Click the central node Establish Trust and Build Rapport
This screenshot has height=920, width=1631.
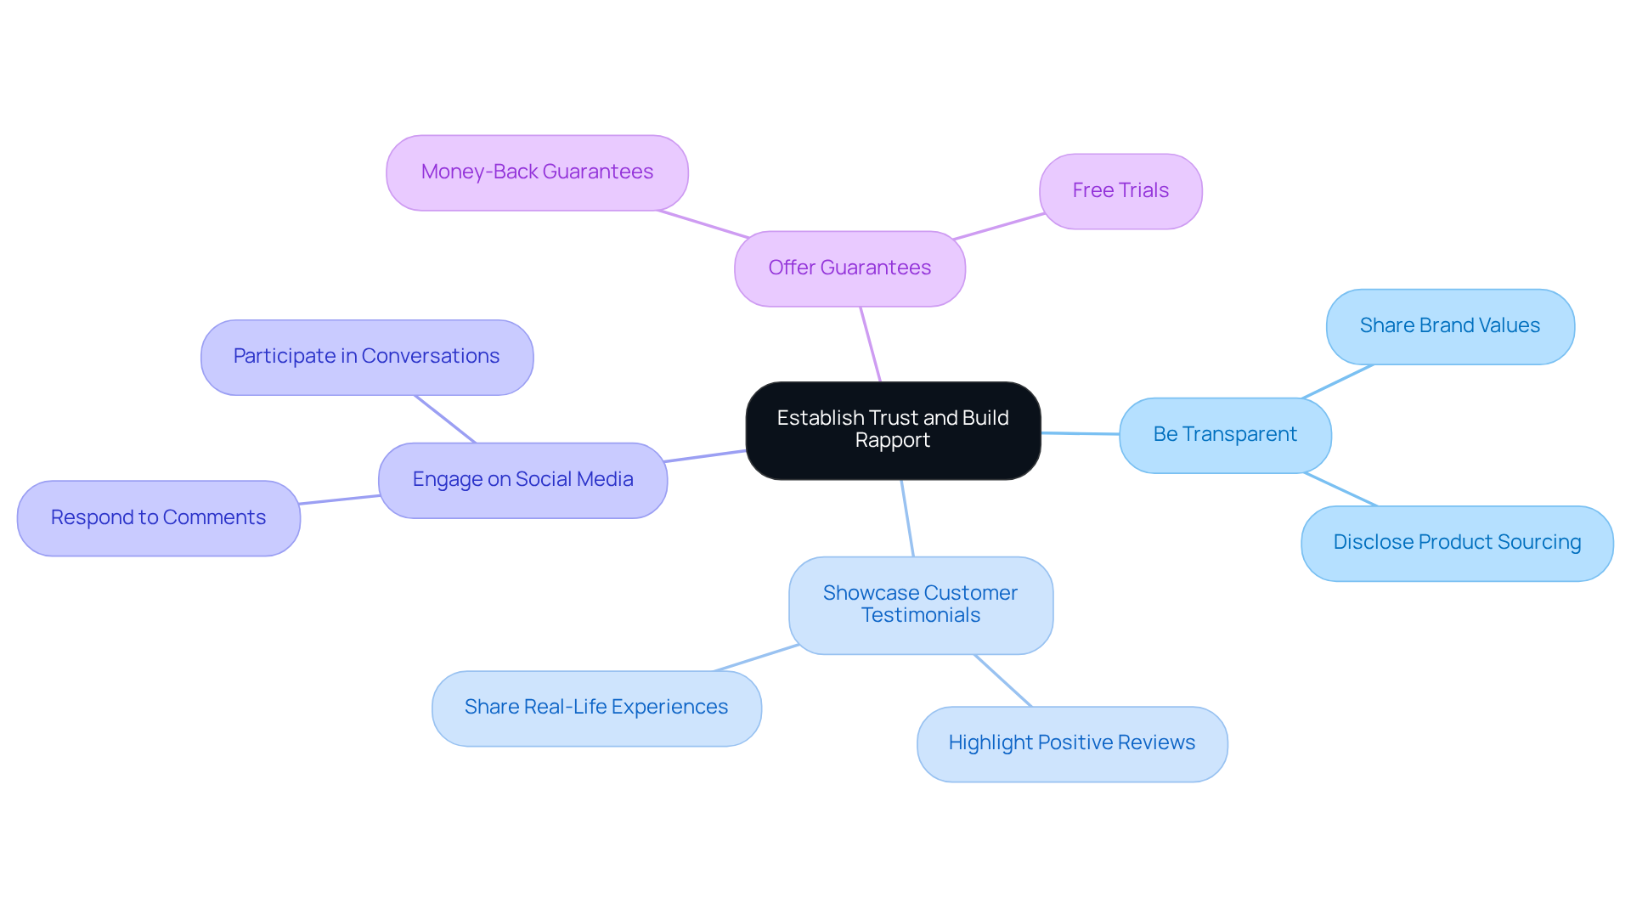click(893, 430)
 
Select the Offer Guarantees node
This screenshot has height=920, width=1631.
click(849, 268)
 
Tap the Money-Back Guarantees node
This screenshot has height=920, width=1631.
click(537, 172)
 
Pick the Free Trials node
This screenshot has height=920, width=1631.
click(1120, 191)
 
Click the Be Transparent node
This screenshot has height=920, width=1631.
click(1225, 435)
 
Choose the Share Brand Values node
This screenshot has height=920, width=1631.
click(1449, 326)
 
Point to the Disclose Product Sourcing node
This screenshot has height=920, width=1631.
click(1457, 543)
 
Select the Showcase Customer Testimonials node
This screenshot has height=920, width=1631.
click(921, 605)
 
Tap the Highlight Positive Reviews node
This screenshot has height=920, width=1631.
click(1072, 743)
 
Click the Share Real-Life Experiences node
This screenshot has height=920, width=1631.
click(596, 708)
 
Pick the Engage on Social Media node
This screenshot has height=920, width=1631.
click(522, 480)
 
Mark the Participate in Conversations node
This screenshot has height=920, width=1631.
click(367, 357)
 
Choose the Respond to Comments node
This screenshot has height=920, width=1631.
click(159, 518)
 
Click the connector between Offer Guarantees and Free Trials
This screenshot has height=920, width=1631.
click(1000, 226)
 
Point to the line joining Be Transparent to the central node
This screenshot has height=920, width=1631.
click(1080, 433)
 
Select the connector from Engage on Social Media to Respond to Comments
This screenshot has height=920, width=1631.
click(340, 500)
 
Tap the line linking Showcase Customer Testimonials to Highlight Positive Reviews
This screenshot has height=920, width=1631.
click(1003, 680)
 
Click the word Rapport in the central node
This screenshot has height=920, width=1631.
click(893, 441)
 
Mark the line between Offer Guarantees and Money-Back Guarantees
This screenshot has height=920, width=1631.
click(703, 224)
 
